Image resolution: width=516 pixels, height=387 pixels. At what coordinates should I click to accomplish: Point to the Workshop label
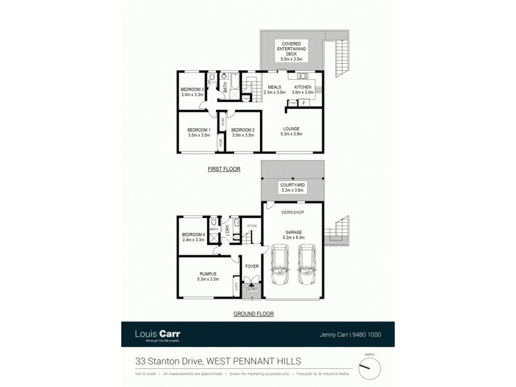(x=292, y=212)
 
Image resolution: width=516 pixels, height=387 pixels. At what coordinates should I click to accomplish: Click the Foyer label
(x=250, y=264)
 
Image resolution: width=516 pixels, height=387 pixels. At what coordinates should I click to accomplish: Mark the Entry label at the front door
(x=251, y=290)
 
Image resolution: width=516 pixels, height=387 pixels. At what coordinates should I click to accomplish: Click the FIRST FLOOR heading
(x=224, y=169)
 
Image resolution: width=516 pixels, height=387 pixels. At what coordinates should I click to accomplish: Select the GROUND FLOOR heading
(x=253, y=314)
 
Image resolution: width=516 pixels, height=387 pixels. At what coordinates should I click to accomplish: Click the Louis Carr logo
(x=157, y=334)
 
